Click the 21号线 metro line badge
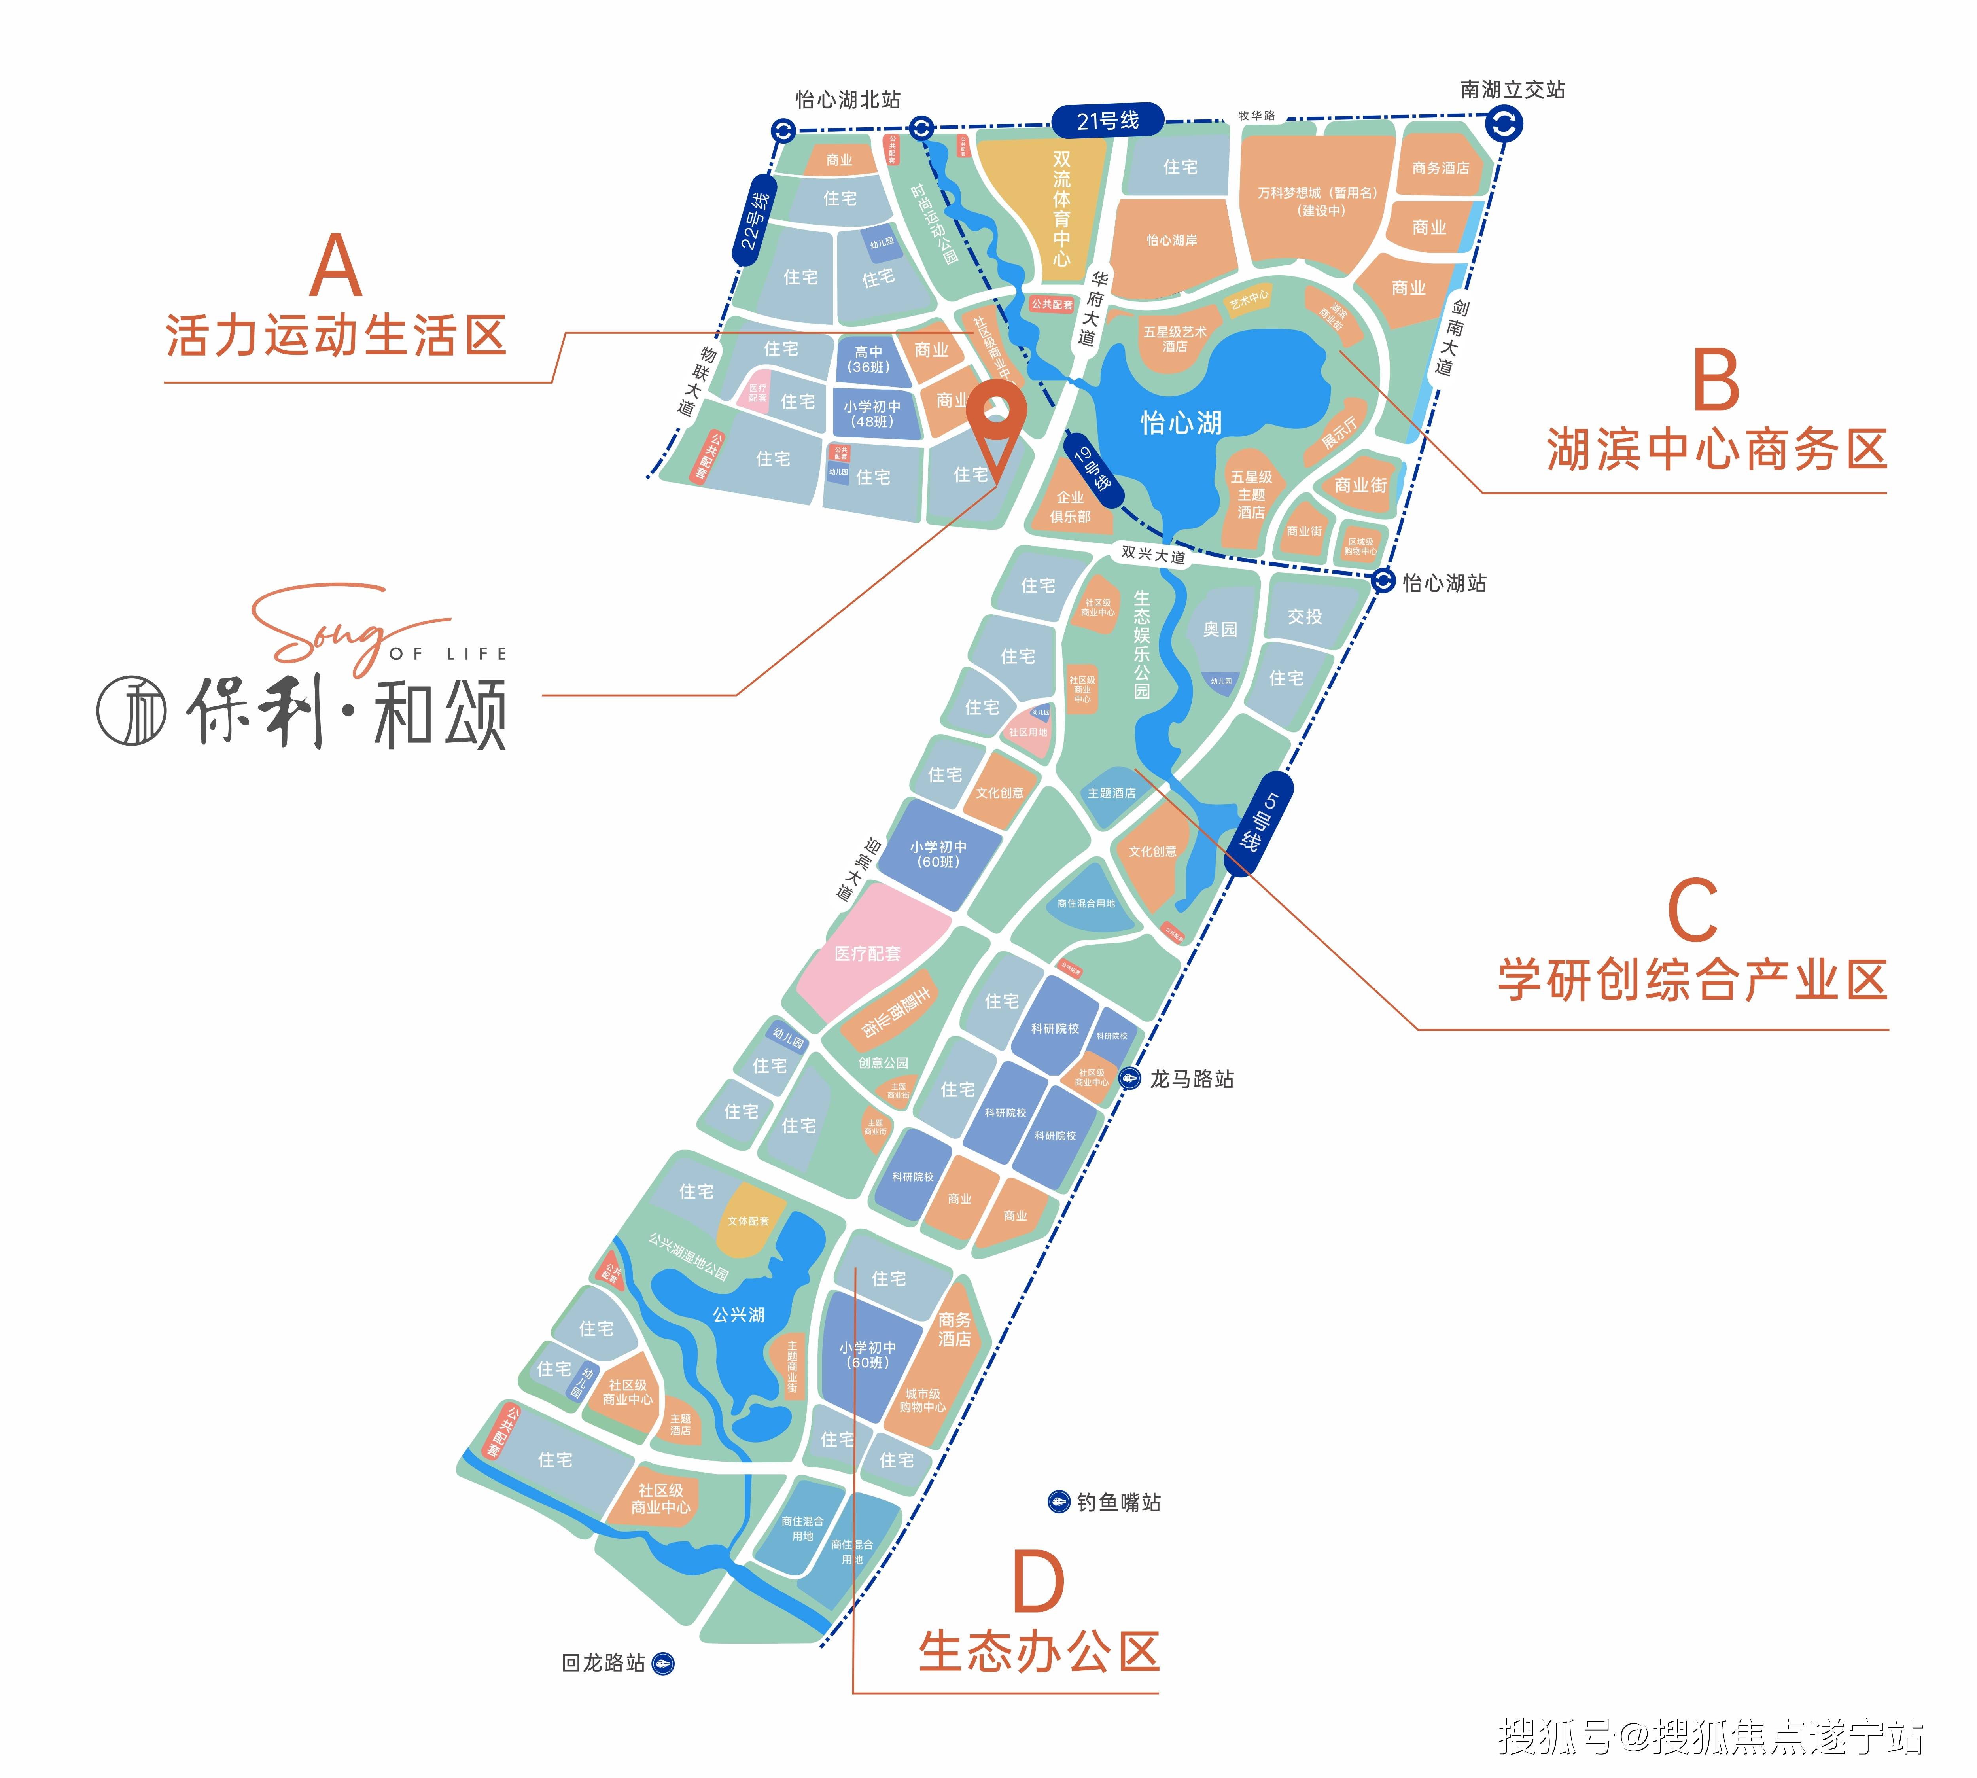[1108, 120]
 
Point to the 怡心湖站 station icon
[1382, 580]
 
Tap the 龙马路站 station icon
[1129, 1079]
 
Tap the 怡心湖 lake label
[1181, 422]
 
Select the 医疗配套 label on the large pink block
[867, 954]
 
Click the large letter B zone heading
[1716, 381]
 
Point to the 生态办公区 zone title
[1038, 1652]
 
